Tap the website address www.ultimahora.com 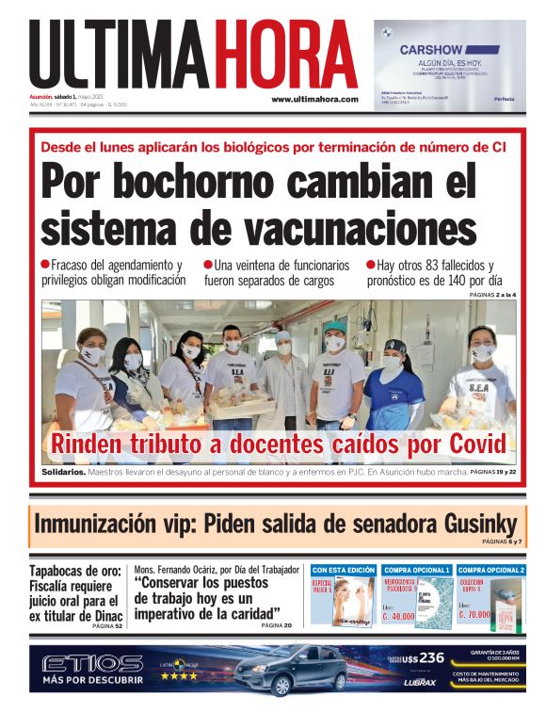tap(315, 99)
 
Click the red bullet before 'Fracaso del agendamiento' tap(45, 265)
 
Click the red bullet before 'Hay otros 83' tap(370, 265)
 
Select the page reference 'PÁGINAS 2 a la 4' tap(492, 296)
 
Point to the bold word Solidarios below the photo tap(63, 470)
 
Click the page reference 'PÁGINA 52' tap(106, 625)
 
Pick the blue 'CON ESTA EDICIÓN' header tap(343, 570)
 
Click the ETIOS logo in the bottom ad tap(92, 663)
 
